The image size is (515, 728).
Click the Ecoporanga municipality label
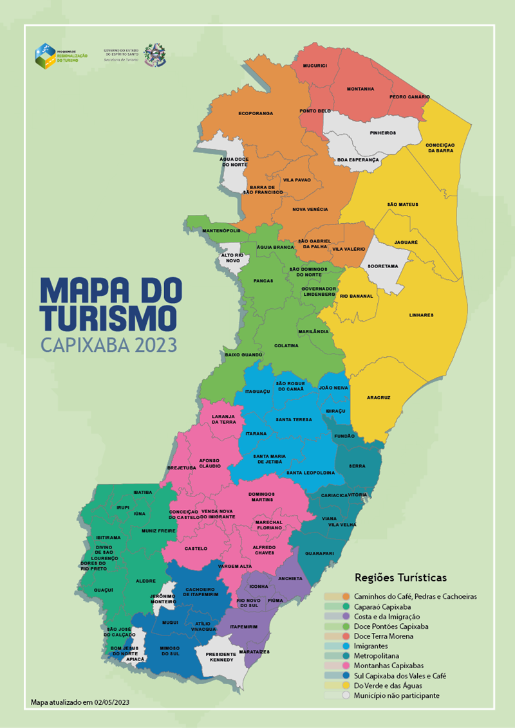(x=256, y=113)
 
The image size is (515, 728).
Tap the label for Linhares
(x=422, y=315)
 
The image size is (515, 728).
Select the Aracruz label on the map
(x=379, y=397)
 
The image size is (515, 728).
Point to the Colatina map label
(x=286, y=345)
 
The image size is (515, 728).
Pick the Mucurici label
(x=315, y=66)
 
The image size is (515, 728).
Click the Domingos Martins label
(x=261, y=496)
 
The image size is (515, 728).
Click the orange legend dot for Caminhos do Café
(x=346, y=597)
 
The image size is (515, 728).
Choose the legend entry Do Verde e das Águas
(x=393, y=686)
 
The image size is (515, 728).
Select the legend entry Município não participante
(x=397, y=696)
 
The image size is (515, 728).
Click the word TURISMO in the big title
(x=108, y=317)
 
